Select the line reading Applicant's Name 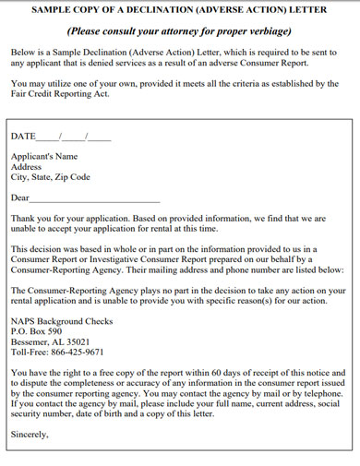click(43, 156)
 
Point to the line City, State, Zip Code click(50, 177)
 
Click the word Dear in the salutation click(19, 197)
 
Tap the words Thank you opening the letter click(30, 219)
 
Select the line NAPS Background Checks click(61, 321)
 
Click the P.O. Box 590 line click(36, 331)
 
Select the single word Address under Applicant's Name click(28, 167)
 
